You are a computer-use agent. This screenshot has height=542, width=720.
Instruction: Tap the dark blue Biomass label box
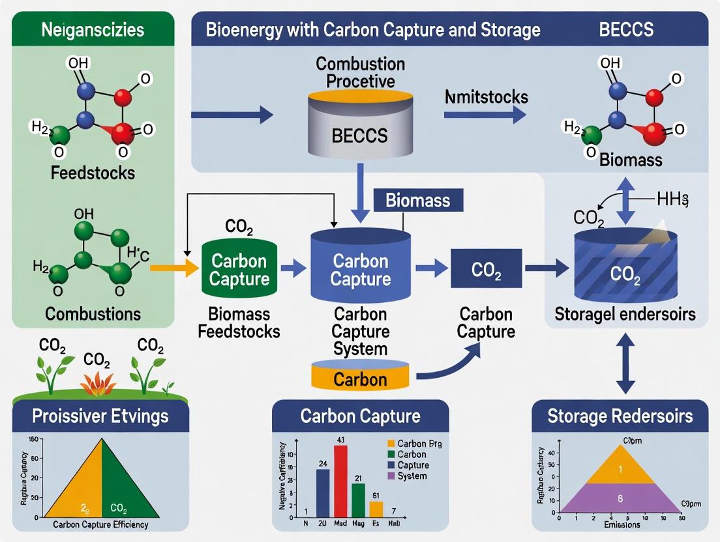point(417,200)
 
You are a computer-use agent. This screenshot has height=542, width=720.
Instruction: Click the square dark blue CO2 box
point(487,268)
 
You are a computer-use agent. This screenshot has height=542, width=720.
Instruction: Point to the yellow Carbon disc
point(360,376)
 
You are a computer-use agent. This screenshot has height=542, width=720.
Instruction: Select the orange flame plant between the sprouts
point(98,382)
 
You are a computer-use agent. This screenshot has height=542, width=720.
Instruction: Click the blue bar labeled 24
point(323,492)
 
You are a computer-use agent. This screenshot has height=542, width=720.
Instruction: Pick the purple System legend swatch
point(382,476)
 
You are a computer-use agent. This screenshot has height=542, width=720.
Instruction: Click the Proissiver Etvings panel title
point(101,416)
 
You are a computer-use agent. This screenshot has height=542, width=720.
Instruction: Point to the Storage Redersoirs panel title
point(620,416)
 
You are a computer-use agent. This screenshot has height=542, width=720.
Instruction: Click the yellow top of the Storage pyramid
point(620,468)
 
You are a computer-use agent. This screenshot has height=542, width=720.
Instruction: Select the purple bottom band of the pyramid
point(620,498)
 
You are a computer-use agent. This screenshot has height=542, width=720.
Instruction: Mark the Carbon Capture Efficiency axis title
point(100,524)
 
